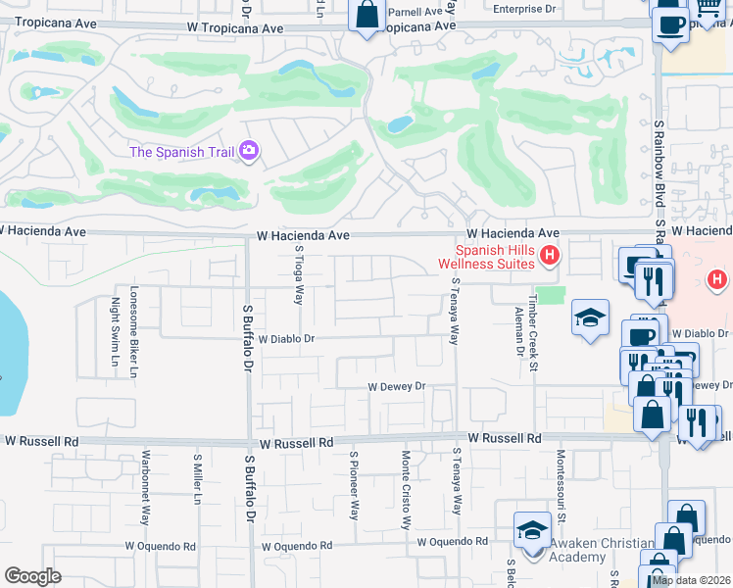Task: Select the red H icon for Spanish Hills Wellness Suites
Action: point(550,257)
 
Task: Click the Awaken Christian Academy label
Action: point(601,550)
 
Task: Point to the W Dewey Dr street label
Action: point(397,387)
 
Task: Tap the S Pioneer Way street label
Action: point(355,484)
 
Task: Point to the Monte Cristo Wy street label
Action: point(406,489)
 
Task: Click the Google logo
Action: point(32,575)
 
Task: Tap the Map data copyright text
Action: point(691,580)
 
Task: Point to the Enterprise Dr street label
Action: point(523,9)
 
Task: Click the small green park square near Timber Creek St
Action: point(553,295)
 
